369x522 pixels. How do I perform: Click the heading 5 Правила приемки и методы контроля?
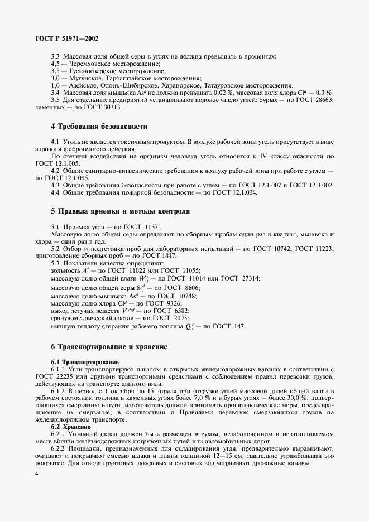point(120,211)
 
